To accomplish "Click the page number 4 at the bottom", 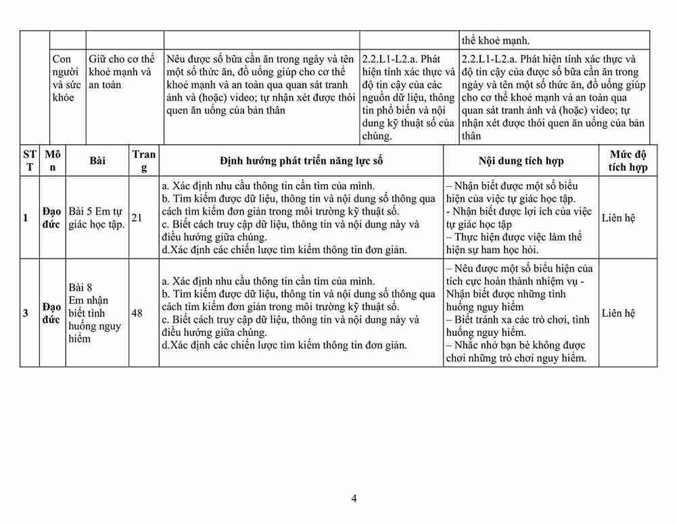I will (x=354, y=499).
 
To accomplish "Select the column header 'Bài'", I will (x=97, y=160).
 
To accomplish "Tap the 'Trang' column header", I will (x=143, y=160).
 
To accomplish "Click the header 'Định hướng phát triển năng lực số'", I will (x=301, y=160).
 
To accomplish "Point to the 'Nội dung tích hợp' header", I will (x=521, y=160).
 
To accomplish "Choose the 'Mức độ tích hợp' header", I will (x=628, y=160).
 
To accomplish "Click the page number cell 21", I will (x=137, y=217).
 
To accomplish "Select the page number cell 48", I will (x=137, y=313).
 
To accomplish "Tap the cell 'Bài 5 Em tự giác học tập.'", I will (x=97, y=217).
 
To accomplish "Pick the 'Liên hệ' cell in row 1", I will (x=618, y=217).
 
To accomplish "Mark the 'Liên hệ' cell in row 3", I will (x=618, y=313).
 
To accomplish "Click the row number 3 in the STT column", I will (x=26, y=313).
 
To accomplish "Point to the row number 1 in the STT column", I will (x=26, y=217).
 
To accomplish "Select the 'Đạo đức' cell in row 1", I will (x=51, y=217).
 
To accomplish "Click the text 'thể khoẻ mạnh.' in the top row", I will (x=495, y=40).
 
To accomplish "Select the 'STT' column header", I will (x=29, y=160).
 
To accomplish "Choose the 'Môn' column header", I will (x=52, y=160).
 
